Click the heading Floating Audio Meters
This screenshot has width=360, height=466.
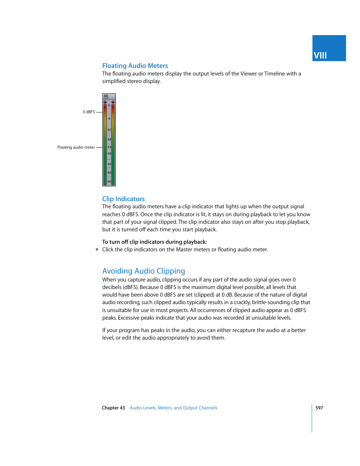[135, 66]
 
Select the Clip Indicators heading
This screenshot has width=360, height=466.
[123, 199]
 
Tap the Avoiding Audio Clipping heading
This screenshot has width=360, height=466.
[143, 271]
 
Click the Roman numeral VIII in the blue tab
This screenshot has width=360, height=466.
[320, 55]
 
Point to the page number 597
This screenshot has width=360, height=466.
[319, 408]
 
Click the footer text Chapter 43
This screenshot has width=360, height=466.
[113, 408]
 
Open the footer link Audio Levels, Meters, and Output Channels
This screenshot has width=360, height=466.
[173, 408]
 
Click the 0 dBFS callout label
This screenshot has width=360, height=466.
[89, 112]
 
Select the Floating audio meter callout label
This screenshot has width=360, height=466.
[76, 148]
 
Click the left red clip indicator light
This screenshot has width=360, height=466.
[105, 102]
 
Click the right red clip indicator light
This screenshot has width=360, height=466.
[113, 102]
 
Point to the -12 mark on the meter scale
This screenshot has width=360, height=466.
[109, 129]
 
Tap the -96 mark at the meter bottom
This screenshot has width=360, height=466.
[109, 181]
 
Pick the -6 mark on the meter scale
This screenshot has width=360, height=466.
[109, 118]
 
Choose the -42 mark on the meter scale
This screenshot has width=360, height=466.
[109, 164]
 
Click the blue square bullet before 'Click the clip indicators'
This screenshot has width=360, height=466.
[97, 249]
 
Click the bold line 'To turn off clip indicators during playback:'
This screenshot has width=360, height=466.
[154, 242]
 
